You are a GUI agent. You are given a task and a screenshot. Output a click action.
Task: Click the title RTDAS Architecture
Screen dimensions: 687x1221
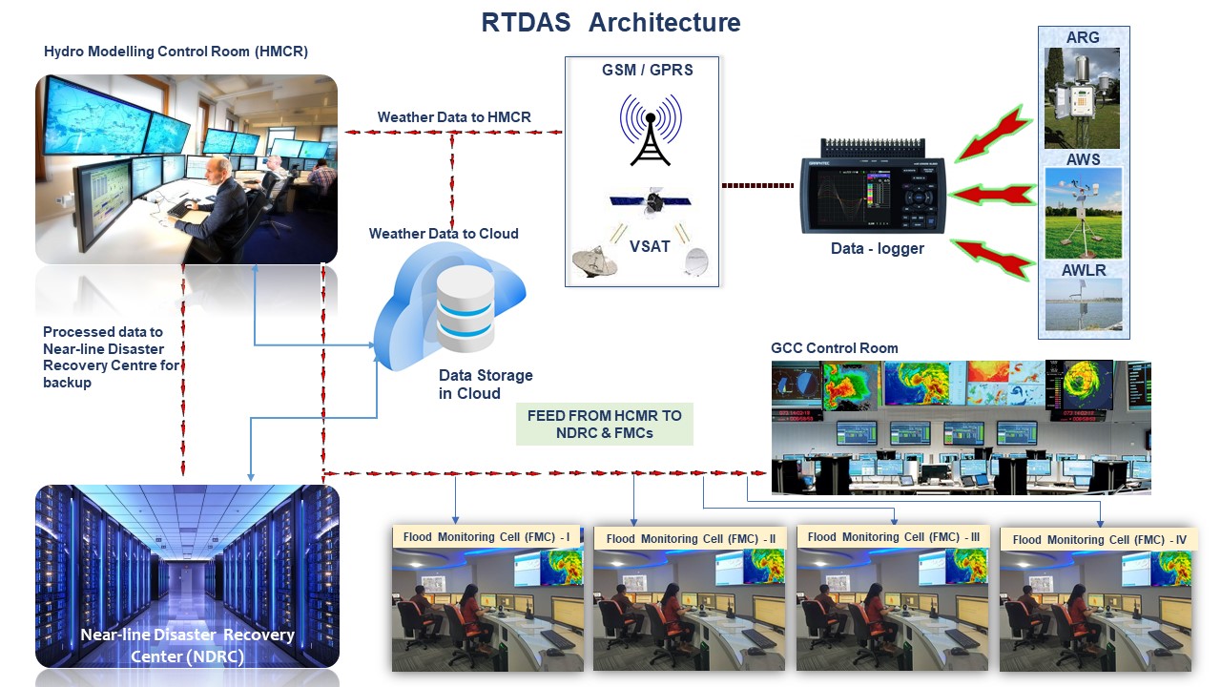pos(610,23)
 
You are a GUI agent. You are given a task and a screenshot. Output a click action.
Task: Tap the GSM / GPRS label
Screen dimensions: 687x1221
pos(647,71)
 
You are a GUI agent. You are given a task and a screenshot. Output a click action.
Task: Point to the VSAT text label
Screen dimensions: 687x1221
pos(649,246)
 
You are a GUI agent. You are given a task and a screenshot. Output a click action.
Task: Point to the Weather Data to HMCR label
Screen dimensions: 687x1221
pos(454,117)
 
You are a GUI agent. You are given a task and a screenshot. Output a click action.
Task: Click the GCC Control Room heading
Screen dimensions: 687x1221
pos(835,348)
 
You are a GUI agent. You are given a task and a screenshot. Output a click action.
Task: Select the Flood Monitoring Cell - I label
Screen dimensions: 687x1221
pos(486,537)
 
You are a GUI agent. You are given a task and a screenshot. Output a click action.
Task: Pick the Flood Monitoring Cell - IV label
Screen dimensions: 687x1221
pos(1099,540)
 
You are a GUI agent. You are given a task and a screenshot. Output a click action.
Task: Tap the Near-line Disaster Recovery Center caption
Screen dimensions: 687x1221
pos(188,646)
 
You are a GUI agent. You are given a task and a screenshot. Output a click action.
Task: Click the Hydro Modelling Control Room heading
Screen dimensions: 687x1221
pos(176,52)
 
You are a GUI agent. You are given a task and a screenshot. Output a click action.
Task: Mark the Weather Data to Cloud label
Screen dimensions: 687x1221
pos(444,234)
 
